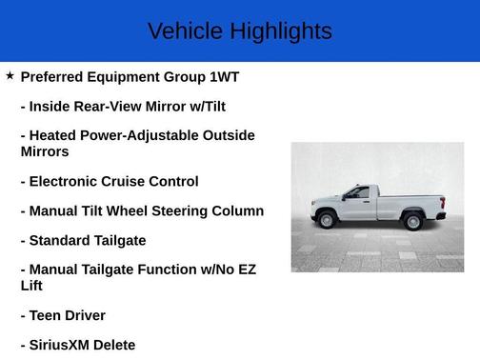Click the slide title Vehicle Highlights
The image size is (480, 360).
point(239,31)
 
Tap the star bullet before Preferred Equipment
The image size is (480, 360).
point(10,75)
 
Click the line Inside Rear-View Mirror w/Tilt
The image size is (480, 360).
point(123,106)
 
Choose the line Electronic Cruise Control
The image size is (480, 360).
point(110,181)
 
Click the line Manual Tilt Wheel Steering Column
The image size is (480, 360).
point(142,210)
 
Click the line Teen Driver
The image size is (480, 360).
point(63,315)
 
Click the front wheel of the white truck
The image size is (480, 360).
point(327,221)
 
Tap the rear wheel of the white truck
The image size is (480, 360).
point(413,222)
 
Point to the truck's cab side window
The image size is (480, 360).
point(358,193)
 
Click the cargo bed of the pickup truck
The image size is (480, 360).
point(411,203)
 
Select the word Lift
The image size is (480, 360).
point(31,285)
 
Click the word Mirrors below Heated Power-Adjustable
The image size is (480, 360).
point(45,150)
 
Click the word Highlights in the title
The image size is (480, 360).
point(281,31)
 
